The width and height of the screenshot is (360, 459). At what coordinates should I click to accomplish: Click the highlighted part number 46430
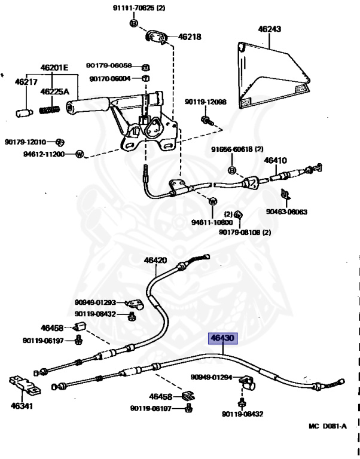[x=222, y=338]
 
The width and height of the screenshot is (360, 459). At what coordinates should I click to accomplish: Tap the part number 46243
[x=270, y=29]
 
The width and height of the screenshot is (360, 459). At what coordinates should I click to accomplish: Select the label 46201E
[x=54, y=68]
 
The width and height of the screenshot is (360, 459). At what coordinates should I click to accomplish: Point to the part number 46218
[x=190, y=36]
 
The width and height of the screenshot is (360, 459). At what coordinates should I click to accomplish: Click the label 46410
[x=276, y=160]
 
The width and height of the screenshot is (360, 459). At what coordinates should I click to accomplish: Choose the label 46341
[x=22, y=406]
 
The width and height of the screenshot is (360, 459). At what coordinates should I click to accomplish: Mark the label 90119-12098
[x=205, y=102]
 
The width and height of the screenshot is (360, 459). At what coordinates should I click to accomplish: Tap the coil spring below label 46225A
[x=50, y=110]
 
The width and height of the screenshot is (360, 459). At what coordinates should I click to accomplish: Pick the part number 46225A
[x=55, y=92]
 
